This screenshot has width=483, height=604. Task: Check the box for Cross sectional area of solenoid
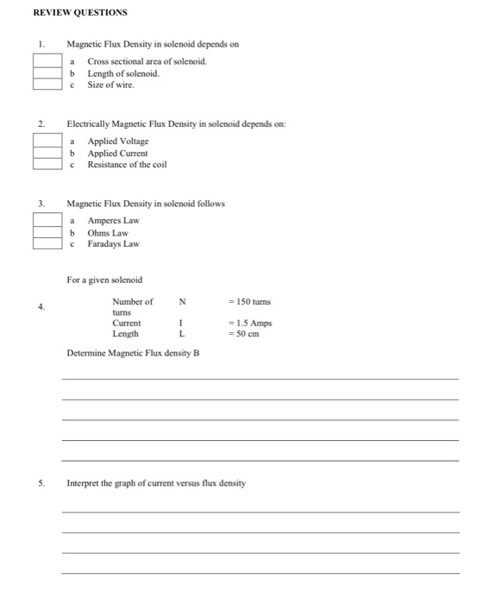pos(47,60)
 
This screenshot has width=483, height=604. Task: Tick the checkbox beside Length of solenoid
pos(47,72)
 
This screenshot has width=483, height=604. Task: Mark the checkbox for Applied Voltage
pos(47,141)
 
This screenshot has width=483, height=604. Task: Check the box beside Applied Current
pos(47,152)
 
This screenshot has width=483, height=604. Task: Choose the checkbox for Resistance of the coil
pos(47,164)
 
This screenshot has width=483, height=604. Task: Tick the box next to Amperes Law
pos(47,220)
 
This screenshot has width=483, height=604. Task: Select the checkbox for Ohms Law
pos(47,232)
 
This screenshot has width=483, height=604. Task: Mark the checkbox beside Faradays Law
pos(47,243)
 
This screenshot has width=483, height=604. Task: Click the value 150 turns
pos(249,302)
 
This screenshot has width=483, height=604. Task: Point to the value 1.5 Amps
pos(251,323)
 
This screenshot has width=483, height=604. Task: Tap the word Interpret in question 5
pos(83,483)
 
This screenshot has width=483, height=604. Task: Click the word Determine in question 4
pos(87,353)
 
